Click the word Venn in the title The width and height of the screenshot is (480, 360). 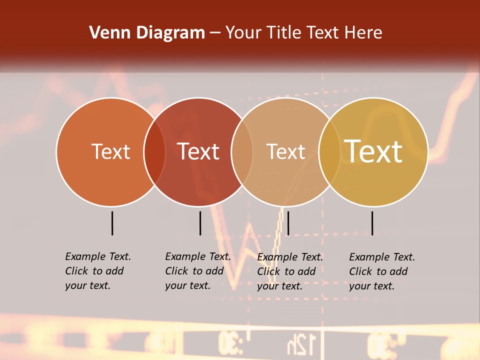[x=105, y=33]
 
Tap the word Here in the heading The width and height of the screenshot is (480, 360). [x=364, y=33]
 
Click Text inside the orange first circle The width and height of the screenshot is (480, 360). [x=110, y=151]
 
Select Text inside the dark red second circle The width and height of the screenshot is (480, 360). [x=198, y=151]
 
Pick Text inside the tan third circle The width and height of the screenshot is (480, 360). [x=285, y=151]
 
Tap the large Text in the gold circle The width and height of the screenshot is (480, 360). [x=373, y=151]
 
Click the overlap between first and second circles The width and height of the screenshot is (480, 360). [x=154, y=152]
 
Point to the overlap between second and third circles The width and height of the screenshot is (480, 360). [x=242, y=152]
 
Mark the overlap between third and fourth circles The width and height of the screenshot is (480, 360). [x=329, y=152]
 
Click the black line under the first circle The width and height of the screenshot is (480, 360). [x=112, y=223]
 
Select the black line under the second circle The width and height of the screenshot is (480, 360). [x=200, y=223]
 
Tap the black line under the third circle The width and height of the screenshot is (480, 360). [x=288, y=223]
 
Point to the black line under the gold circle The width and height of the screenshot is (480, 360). [x=372, y=223]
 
